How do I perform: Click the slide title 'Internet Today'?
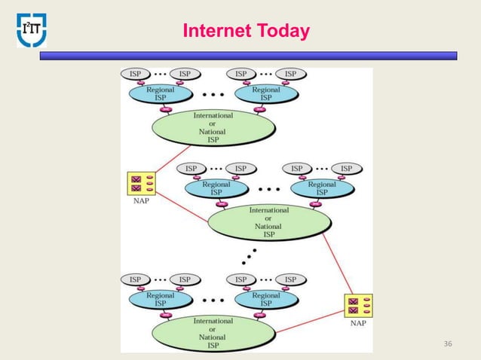coord(246,32)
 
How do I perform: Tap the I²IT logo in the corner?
coord(32,29)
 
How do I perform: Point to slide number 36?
coord(449,344)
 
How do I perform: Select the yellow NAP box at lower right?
coord(358,307)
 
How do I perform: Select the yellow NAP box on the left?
coord(142,184)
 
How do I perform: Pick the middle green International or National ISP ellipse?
coord(269,222)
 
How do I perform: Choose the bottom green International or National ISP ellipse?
coord(213,333)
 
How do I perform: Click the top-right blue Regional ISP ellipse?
coord(266,93)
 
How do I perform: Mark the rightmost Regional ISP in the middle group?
coord(322,188)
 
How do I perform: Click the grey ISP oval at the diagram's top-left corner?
coord(135,74)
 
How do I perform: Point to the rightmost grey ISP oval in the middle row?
coord(346,168)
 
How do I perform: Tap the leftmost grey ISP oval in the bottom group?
coord(135,279)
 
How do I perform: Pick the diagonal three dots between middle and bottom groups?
coord(247,255)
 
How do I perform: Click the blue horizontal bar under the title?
coord(248,56)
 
